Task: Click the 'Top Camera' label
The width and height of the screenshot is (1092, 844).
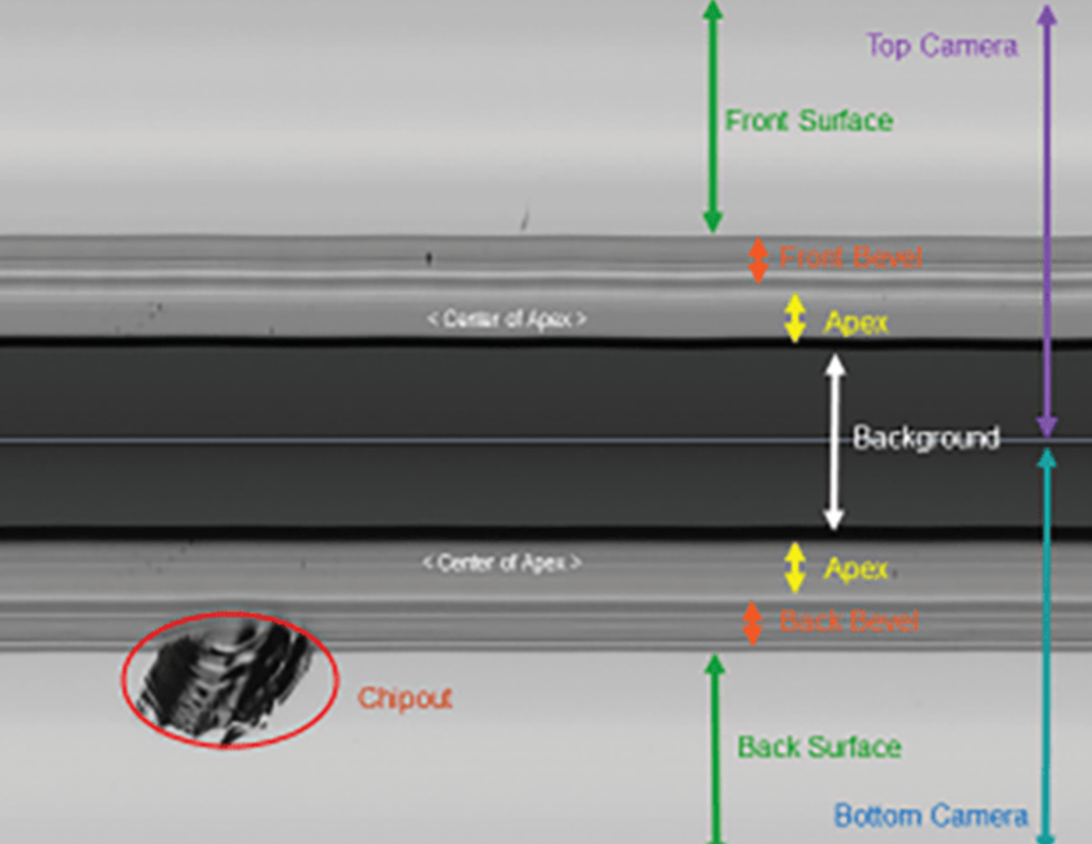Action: (941, 46)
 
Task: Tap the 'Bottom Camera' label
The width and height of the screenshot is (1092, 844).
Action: (931, 816)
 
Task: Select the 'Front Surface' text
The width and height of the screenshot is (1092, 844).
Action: (808, 121)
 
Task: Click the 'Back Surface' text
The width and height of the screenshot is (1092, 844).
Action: (819, 747)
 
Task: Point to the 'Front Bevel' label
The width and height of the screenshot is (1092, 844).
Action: (851, 257)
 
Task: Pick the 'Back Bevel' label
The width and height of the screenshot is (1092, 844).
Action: (849, 621)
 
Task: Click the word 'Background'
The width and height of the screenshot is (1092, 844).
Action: (925, 438)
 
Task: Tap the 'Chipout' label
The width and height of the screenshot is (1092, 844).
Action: (405, 699)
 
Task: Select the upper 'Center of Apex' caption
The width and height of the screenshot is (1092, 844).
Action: (507, 319)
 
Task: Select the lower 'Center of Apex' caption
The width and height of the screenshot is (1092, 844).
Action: (501, 562)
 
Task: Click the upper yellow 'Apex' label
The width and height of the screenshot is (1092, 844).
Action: (856, 322)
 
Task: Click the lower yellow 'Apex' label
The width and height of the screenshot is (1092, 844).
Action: (856, 568)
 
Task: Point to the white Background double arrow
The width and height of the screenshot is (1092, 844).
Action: (834, 441)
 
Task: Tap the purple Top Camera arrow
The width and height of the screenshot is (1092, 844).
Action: (1046, 220)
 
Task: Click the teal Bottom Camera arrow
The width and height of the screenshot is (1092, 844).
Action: (1046, 643)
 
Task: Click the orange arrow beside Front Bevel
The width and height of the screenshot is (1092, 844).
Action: (757, 260)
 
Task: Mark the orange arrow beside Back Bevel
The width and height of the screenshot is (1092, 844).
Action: (752, 623)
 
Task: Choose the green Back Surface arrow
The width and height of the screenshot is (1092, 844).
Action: (716, 749)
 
